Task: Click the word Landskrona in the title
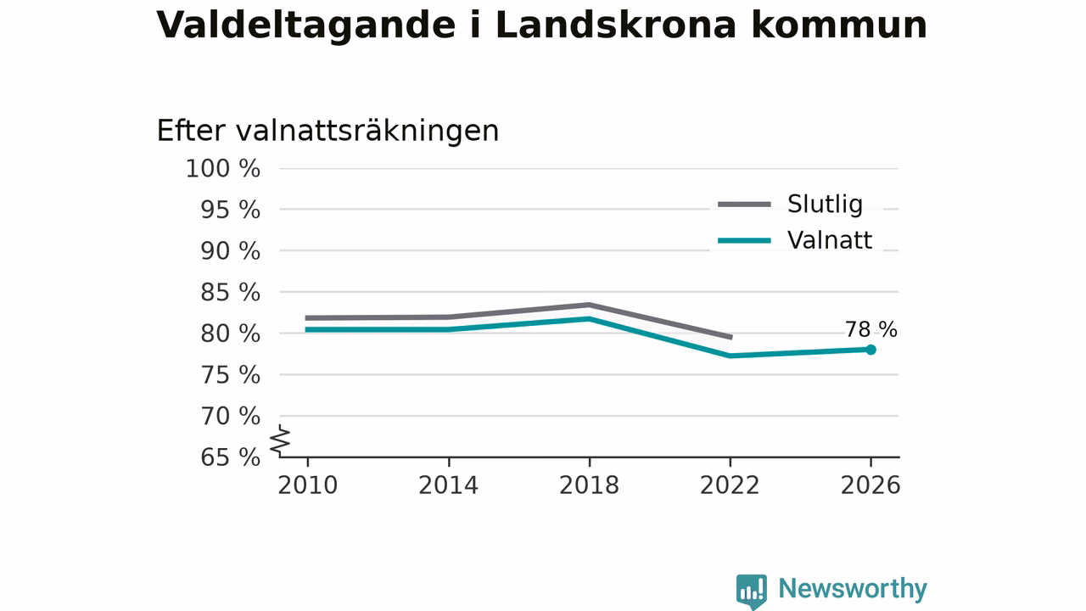[x=616, y=25]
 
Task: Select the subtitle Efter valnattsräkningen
[x=327, y=131]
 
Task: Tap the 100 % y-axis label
[x=222, y=169]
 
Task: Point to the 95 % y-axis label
[x=230, y=210]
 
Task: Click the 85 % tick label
[x=230, y=293]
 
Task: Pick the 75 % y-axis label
[x=230, y=375]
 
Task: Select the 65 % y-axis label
[x=230, y=457]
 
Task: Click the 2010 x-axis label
[x=307, y=485]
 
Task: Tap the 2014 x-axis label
[x=449, y=485]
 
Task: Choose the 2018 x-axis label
[x=589, y=485]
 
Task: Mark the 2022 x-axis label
[x=730, y=485]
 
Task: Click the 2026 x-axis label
[x=870, y=485]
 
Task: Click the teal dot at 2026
[x=870, y=350]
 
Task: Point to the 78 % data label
[x=871, y=330]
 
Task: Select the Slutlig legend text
[x=825, y=205]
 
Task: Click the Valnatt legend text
[x=830, y=240]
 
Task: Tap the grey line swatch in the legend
[x=744, y=205]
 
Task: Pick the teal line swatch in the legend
[x=744, y=240]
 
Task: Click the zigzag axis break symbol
[x=280, y=440]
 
